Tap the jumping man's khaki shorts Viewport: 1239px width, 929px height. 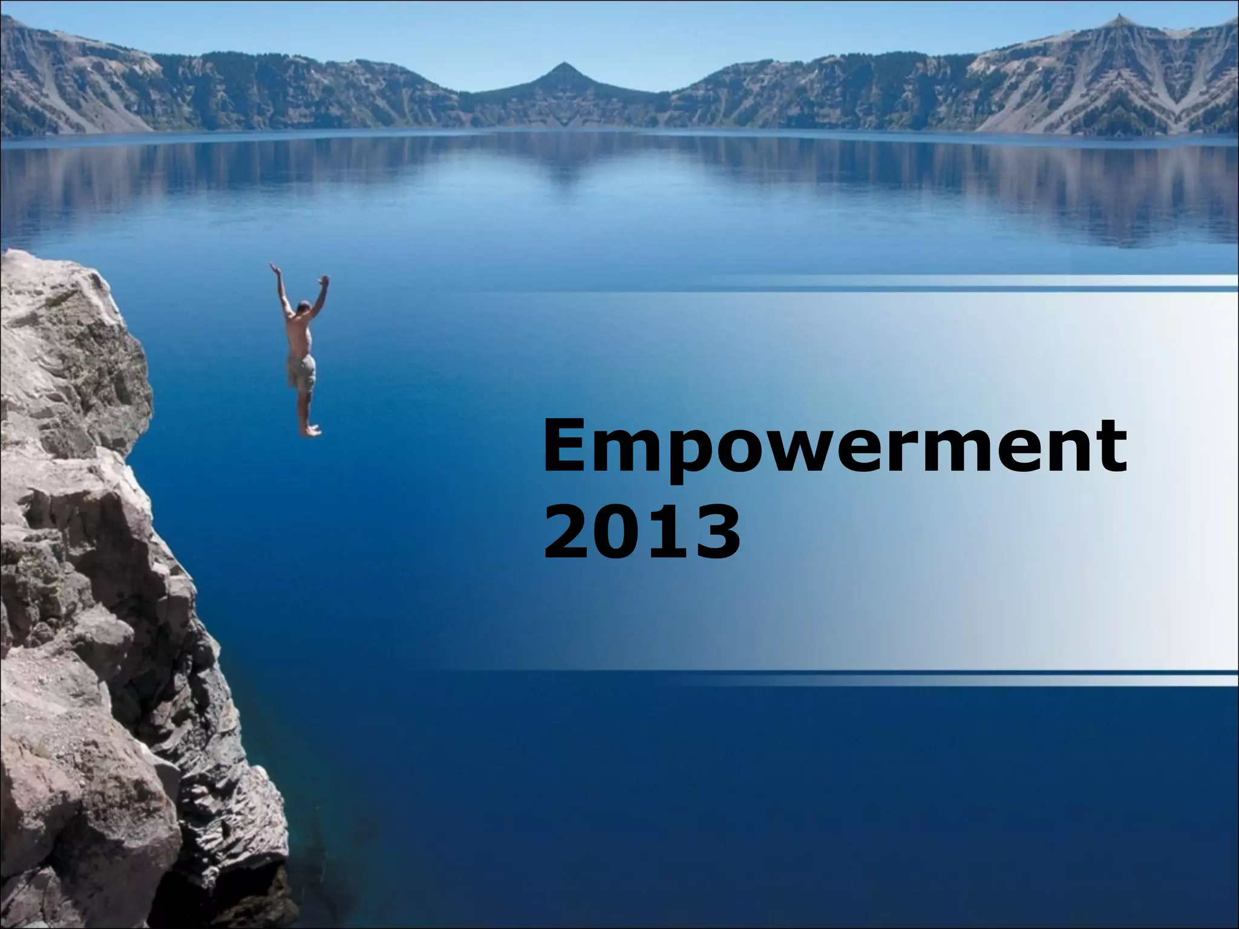[301, 371]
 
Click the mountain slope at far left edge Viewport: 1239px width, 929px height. [24, 79]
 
